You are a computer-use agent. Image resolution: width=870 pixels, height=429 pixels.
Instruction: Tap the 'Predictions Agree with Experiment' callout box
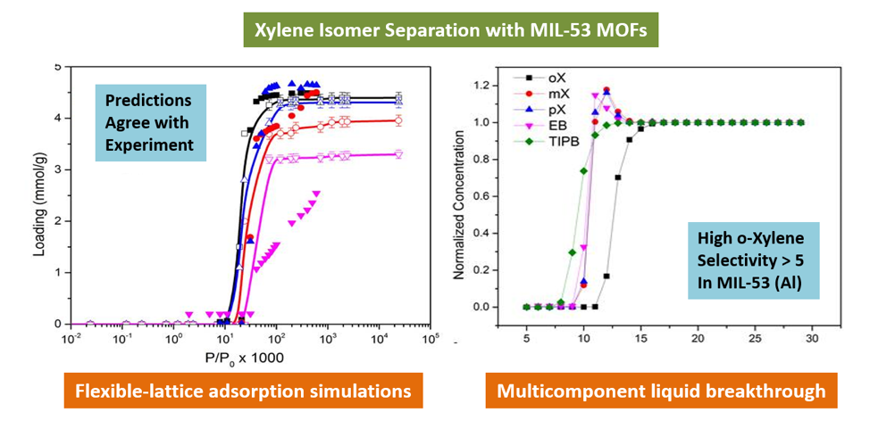point(150,122)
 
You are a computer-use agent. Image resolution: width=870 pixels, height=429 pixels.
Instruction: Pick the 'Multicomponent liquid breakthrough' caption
point(660,391)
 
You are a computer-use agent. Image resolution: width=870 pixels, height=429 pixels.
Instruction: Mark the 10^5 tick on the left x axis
point(431,340)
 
